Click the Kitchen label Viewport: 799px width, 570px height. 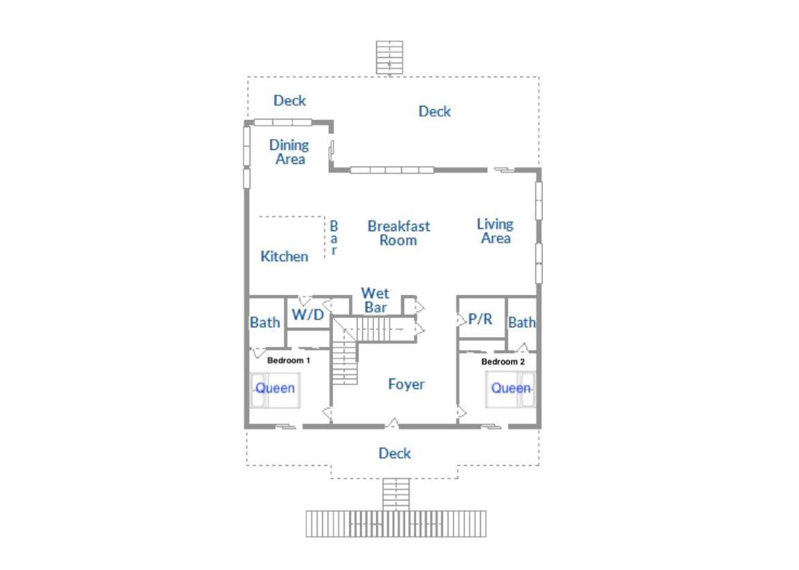tap(285, 256)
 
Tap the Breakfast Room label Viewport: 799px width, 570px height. tap(399, 233)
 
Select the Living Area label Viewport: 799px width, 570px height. tap(495, 231)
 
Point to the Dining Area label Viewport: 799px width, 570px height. tap(289, 152)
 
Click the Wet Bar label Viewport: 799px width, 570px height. tap(375, 301)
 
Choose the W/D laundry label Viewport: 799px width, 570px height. tap(308, 314)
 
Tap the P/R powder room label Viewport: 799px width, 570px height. tap(480, 319)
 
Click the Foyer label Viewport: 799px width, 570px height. tap(406, 384)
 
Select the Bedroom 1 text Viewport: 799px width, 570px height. tap(289, 360)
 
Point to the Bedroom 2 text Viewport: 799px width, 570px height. tap(503, 362)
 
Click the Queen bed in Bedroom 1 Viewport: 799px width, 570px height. tap(275, 391)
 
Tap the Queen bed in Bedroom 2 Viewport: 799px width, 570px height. tap(510, 389)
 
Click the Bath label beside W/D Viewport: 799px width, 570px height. tap(265, 322)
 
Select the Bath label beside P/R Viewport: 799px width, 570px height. tap(522, 322)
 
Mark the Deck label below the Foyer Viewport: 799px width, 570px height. tap(395, 453)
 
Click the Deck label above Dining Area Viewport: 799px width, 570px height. tap(289, 100)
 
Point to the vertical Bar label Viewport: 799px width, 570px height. tap(334, 238)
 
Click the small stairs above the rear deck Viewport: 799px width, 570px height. tap(389, 57)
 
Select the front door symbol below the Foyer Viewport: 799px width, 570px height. tap(392, 423)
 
